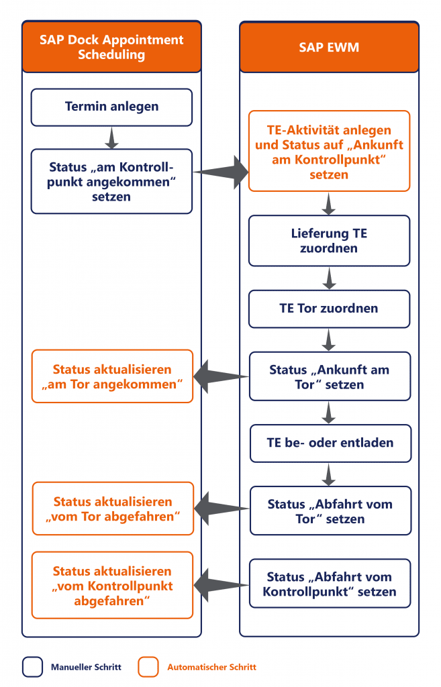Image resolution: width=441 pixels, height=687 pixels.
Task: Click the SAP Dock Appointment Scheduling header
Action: coord(111,47)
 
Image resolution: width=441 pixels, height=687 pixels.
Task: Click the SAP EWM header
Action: coord(329,47)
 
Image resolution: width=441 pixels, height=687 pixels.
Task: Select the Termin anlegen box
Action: coord(111,107)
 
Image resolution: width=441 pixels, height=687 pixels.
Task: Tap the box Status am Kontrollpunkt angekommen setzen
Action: coord(111,181)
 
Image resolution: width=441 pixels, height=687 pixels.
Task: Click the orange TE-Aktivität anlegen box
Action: coord(329,152)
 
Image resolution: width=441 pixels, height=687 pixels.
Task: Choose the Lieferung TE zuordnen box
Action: coord(329,241)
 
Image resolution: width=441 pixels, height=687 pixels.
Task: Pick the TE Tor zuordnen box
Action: coord(329,309)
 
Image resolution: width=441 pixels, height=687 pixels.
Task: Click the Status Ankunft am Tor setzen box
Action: coord(329,377)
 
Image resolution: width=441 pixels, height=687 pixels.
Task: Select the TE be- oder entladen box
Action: coord(330,443)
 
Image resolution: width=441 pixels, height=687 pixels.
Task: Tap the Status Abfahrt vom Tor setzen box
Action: coord(330,511)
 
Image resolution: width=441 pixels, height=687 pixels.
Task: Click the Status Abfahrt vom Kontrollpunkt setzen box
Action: coord(330,584)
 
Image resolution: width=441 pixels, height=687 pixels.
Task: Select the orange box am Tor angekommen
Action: coord(112,376)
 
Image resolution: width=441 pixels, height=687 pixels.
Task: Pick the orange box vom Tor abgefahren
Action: coord(112,509)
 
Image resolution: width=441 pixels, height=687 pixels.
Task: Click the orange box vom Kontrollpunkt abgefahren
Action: coord(112,585)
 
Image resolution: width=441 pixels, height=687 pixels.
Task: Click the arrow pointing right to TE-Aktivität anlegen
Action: coord(222,172)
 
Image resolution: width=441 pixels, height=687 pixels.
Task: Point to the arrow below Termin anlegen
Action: coord(112,138)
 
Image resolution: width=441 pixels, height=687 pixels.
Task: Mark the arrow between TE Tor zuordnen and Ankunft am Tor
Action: coord(328,341)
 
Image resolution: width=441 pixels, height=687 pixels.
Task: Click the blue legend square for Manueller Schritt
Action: coord(32,667)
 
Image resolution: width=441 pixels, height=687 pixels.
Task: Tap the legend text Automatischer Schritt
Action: coord(211,667)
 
